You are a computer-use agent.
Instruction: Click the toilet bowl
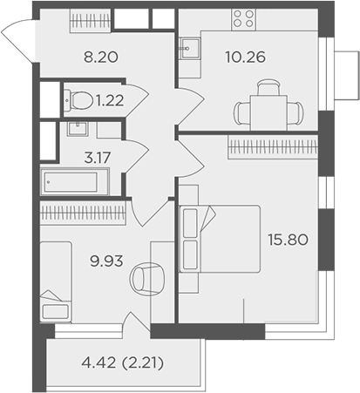coord(78,99)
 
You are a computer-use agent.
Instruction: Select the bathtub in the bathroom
coord(74,183)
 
